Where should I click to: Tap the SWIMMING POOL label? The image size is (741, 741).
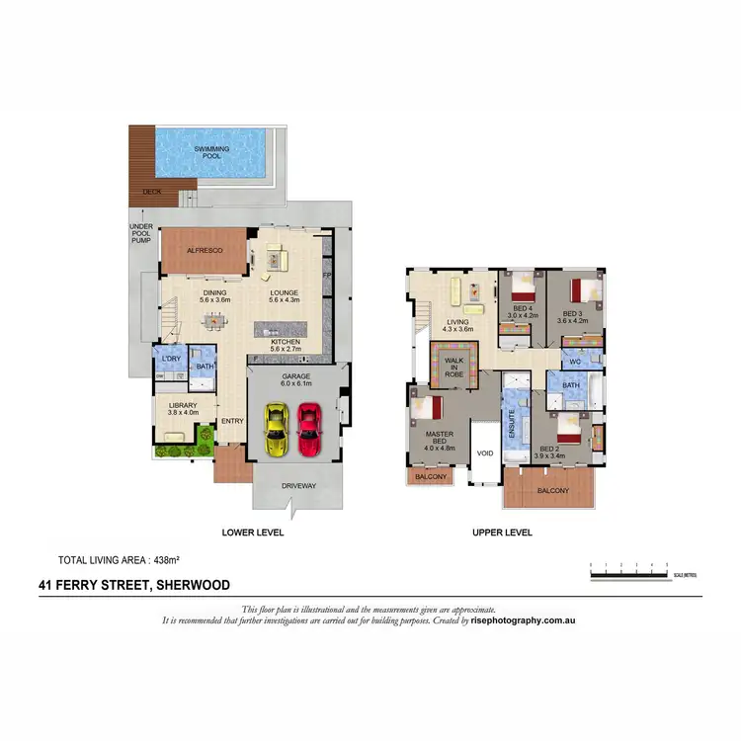coord(211,152)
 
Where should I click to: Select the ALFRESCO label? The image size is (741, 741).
coord(204,251)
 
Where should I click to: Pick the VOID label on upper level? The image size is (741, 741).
coord(485,453)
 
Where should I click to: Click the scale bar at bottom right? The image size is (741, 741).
coord(628,570)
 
